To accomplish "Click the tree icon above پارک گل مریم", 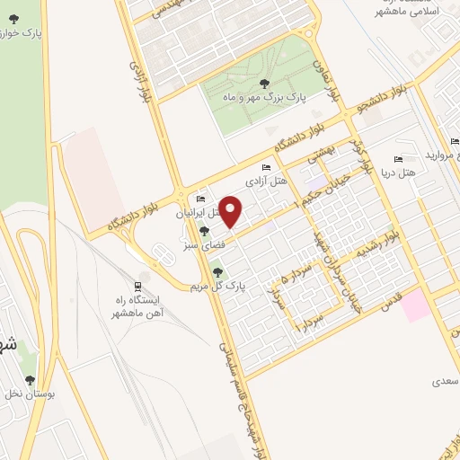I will coord(217,271).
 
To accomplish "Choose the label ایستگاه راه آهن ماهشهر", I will coord(135,306).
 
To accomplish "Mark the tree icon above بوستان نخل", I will coord(30,381).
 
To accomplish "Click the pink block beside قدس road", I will coord(415,306).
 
